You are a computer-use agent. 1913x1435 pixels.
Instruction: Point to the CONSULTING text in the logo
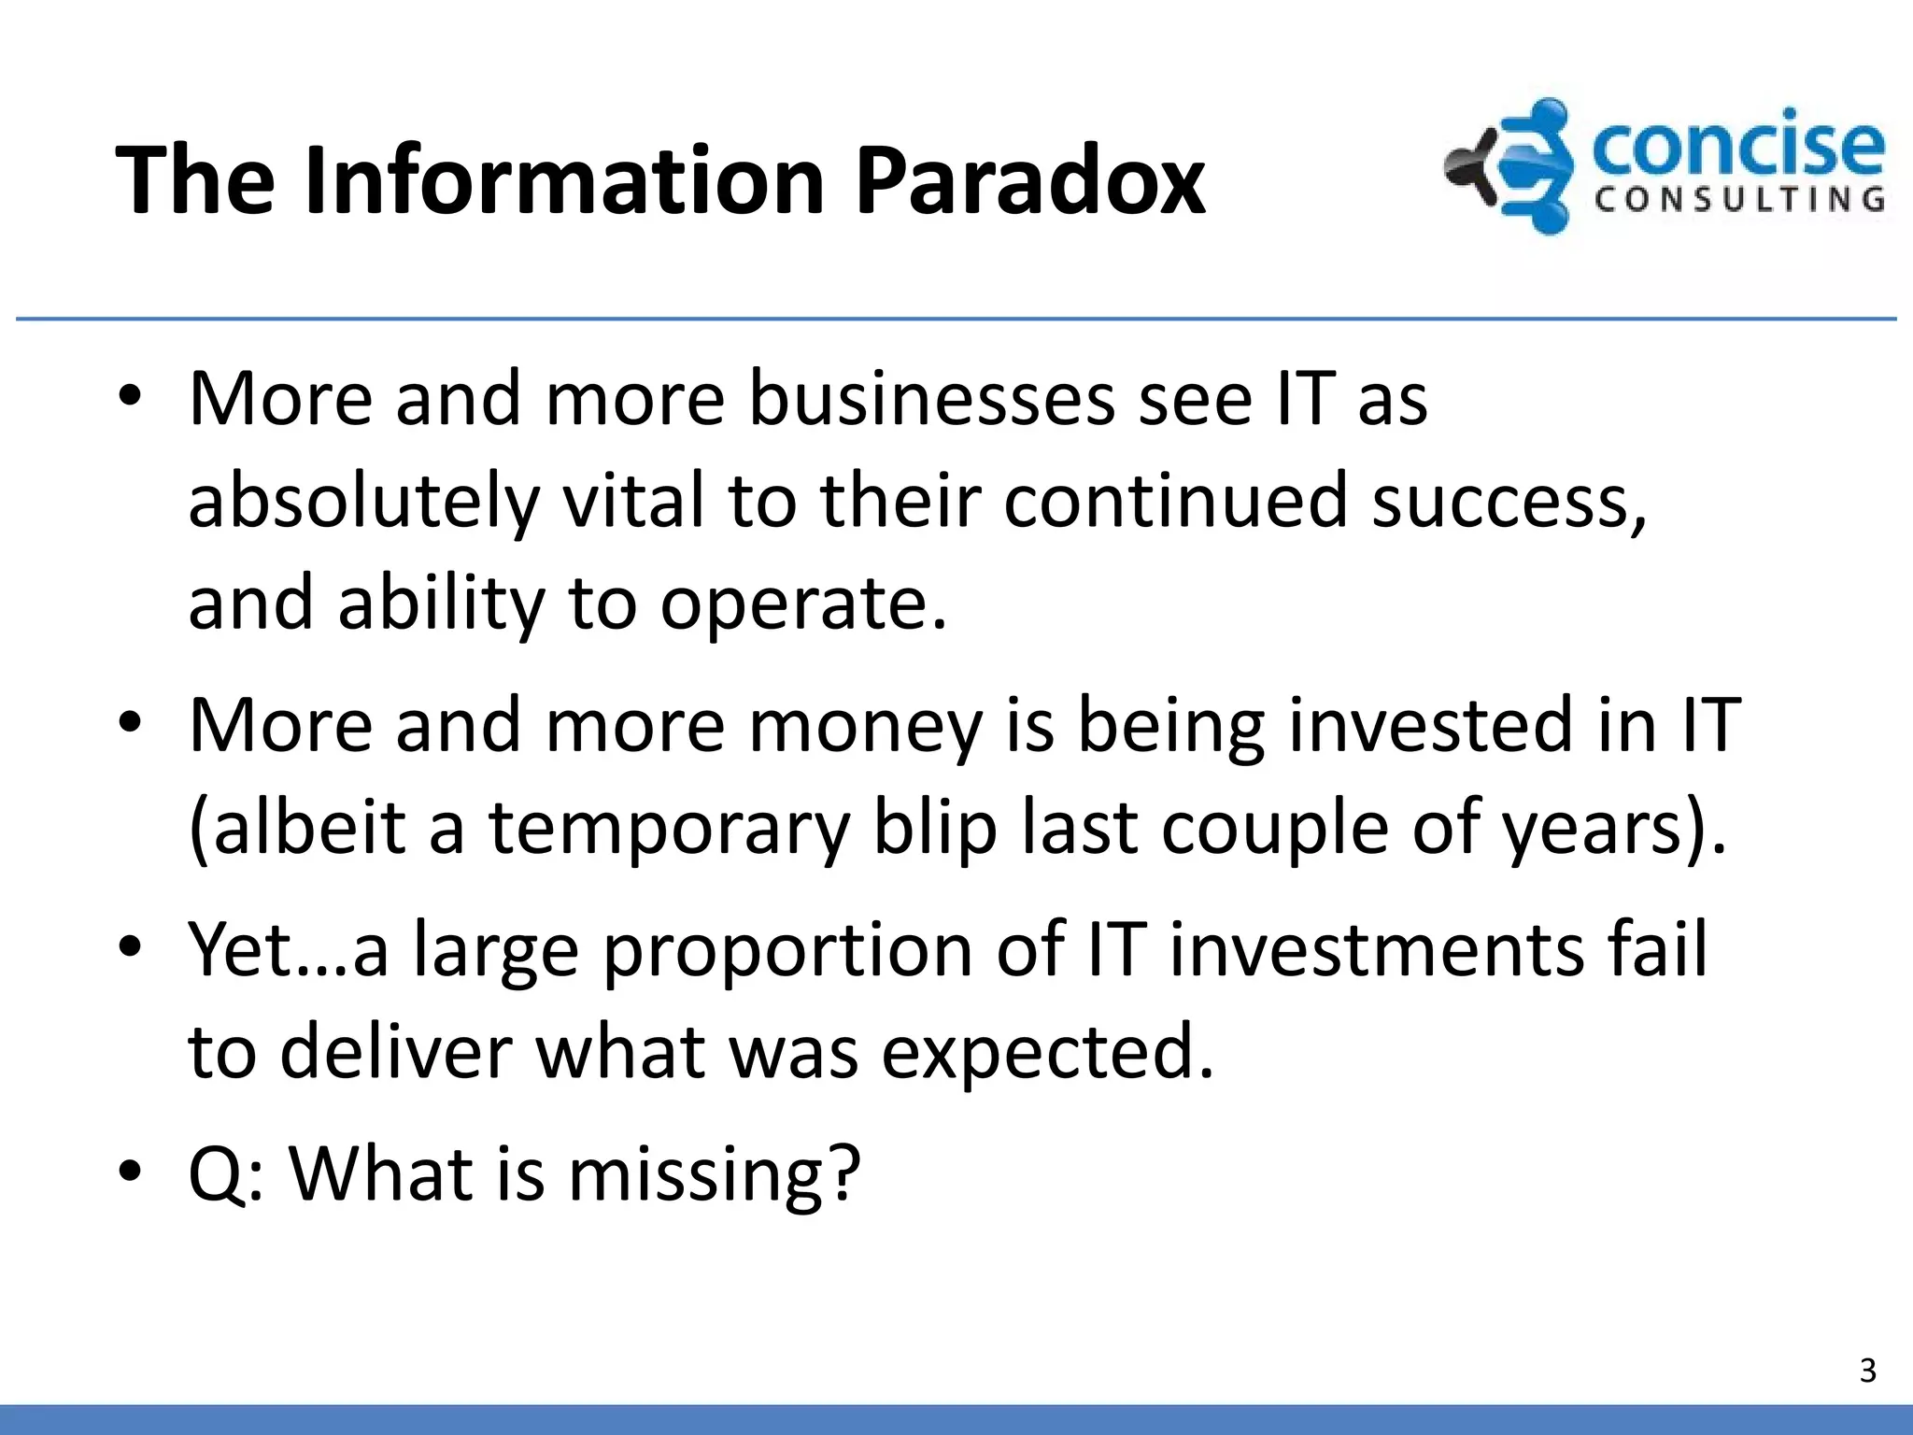pyautogui.click(x=1739, y=199)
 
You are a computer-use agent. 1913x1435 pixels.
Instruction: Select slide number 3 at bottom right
pyautogui.click(x=1867, y=1370)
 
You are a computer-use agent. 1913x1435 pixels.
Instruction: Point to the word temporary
pyautogui.click(x=669, y=829)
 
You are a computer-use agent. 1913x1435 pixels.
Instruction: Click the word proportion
pyautogui.click(x=788, y=950)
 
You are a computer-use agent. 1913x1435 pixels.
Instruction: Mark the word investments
pyautogui.click(x=1377, y=950)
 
